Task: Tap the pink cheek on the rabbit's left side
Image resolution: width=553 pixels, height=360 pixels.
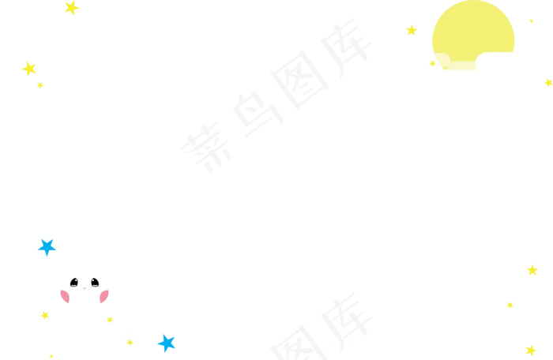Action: [62, 296]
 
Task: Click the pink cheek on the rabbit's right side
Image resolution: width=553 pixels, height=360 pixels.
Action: [105, 297]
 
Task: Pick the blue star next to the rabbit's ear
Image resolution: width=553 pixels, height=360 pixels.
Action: [47, 247]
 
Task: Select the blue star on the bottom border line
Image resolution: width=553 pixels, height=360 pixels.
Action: [165, 343]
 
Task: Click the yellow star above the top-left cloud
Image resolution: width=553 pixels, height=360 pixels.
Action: [71, 8]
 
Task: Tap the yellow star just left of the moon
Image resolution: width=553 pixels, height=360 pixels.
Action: [411, 31]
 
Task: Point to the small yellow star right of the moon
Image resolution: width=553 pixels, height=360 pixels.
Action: [531, 20]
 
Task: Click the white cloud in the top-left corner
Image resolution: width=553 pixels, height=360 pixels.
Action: [47, 43]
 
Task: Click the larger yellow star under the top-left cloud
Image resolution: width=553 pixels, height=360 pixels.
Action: [29, 69]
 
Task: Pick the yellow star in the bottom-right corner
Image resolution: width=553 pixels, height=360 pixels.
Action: [530, 348]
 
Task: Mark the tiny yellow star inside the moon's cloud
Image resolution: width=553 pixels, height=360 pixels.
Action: [432, 63]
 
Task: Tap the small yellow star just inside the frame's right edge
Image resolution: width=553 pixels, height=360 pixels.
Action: [510, 305]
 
